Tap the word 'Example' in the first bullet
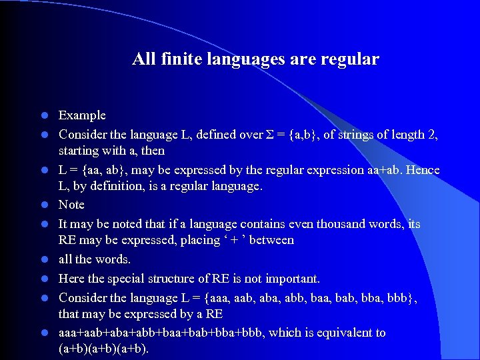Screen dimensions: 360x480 [x=82, y=116]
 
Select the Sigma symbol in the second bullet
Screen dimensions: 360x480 [x=269, y=135]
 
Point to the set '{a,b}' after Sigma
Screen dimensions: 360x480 [x=304, y=135]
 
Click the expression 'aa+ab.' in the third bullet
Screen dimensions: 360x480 [x=384, y=170]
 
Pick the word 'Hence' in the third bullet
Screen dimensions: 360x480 [x=422, y=170]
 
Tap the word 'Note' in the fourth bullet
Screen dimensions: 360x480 [x=71, y=205]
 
